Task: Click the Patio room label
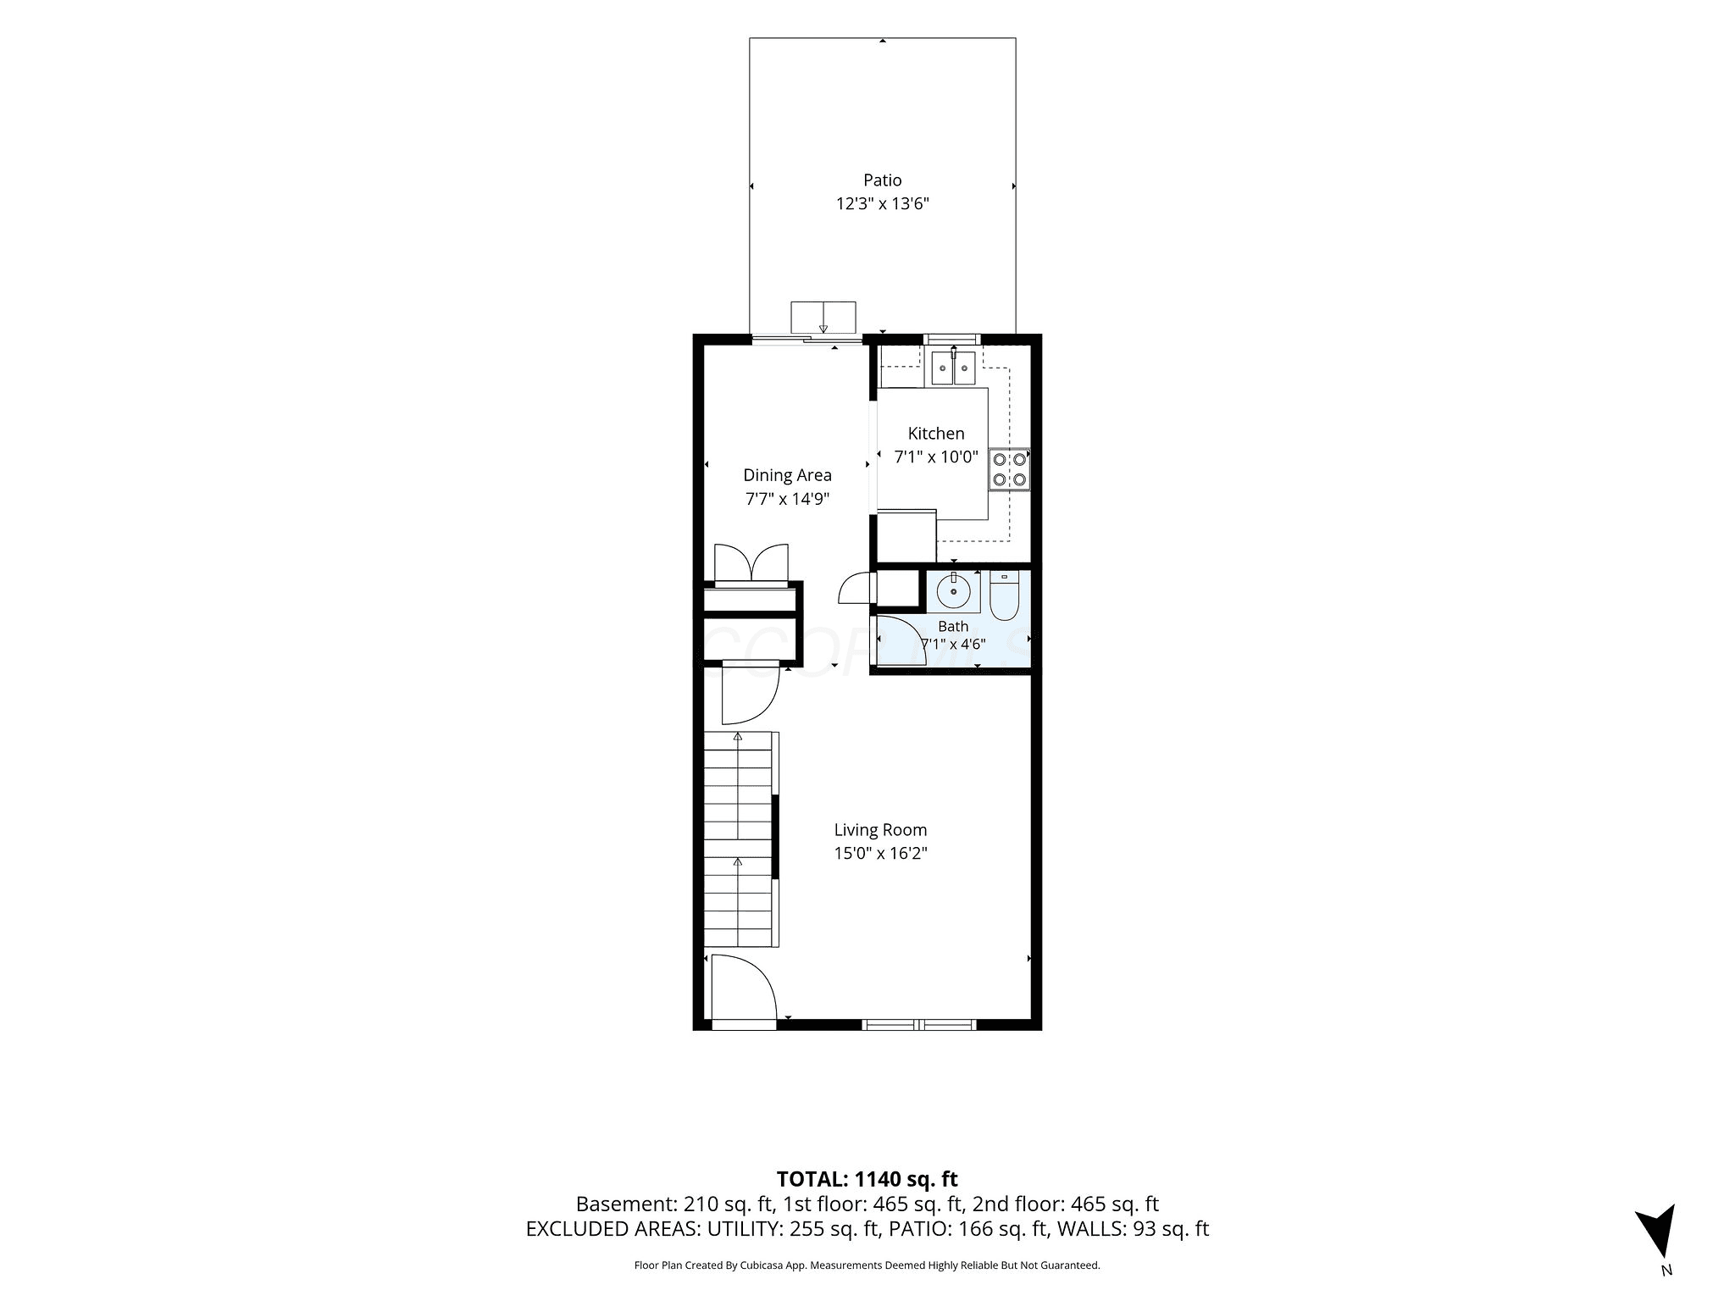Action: pos(882,180)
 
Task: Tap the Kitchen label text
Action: pos(936,434)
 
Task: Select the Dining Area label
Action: pos(787,475)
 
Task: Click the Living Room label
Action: pos(880,830)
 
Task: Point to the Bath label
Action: pos(953,627)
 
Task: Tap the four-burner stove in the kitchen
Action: pos(1009,469)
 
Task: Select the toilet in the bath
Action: pos(1004,595)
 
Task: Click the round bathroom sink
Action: pos(953,590)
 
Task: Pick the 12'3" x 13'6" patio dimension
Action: pos(882,203)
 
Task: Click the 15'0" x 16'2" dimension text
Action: pos(880,854)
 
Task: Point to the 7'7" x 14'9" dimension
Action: pos(787,499)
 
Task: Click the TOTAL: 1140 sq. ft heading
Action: pos(867,1179)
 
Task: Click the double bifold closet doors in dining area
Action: pos(751,564)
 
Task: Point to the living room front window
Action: pos(919,1025)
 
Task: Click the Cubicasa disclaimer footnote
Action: pos(867,1265)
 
